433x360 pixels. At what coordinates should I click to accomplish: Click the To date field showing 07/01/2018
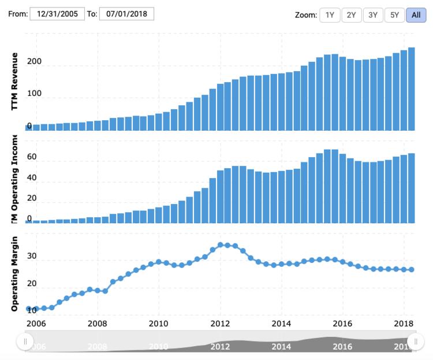[126, 14]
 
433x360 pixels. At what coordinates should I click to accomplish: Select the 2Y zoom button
[351, 15]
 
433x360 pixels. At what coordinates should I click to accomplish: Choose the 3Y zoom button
[372, 15]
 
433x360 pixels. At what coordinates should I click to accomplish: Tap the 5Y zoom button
[394, 15]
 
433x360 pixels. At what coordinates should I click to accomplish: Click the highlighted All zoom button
[416, 15]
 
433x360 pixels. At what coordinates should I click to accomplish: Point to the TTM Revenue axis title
[14, 81]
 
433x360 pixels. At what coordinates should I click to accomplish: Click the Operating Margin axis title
[14, 274]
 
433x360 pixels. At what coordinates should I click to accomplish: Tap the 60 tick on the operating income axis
[32, 157]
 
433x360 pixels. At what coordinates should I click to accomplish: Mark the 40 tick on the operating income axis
[32, 178]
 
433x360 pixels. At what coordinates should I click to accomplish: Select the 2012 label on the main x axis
[220, 323]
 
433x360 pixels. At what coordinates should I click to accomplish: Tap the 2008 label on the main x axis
[97, 323]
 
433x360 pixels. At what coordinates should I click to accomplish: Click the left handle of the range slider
[25, 342]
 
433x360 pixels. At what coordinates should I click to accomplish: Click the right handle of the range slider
[412, 342]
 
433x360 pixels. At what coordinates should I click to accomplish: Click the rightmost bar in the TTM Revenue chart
[411, 89]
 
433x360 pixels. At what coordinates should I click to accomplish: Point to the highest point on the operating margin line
[220, 245]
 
